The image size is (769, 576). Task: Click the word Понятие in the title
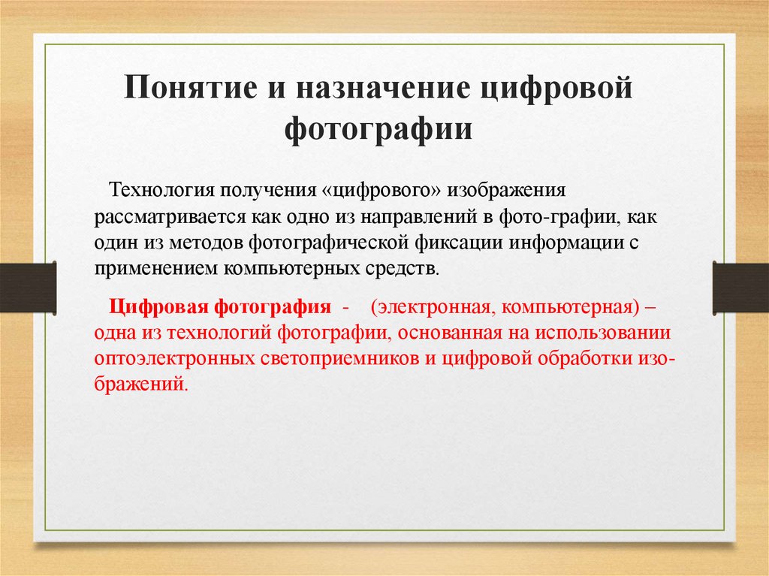(x=191, y=87)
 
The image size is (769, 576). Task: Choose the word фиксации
(x=458, y=243)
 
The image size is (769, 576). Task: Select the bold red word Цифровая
(x=159, y=307)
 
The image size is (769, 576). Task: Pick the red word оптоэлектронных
(x=174, y=359)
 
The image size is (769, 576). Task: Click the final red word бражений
(x=140, y=384)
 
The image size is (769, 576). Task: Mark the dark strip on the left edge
(x=28, y=288)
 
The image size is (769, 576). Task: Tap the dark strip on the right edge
(x=740, y=288)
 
